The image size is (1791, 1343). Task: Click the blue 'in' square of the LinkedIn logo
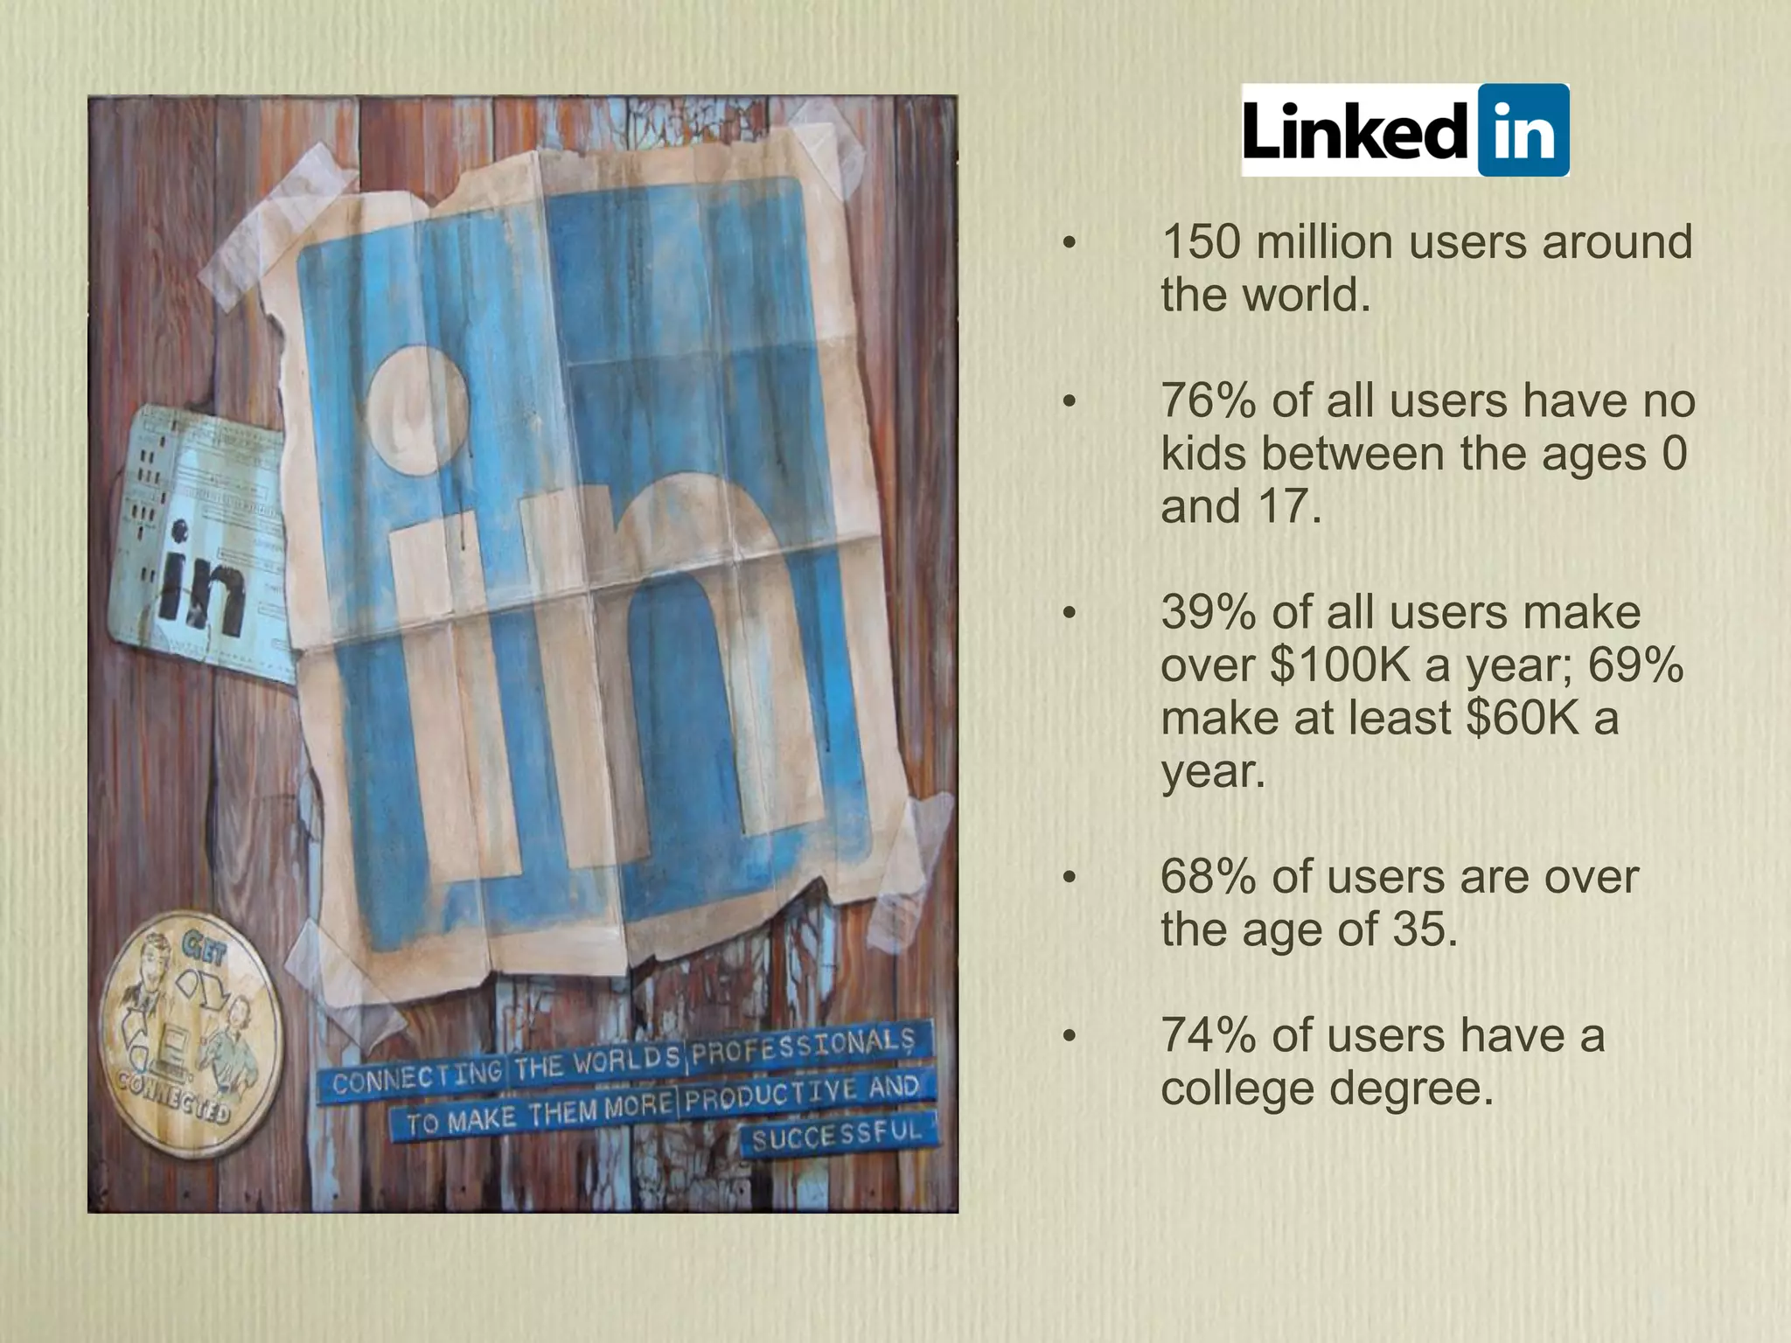pos(1523,131)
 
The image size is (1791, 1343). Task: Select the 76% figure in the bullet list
pos(1209,401)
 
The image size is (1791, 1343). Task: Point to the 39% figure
pos(1209,613)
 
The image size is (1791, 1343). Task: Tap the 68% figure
pos(1209,877)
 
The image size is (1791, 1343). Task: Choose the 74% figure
pos(1209,1036)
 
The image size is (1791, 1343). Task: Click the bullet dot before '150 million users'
pos(1068,243)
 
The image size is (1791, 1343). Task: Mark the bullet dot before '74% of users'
pos(1068,1037)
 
